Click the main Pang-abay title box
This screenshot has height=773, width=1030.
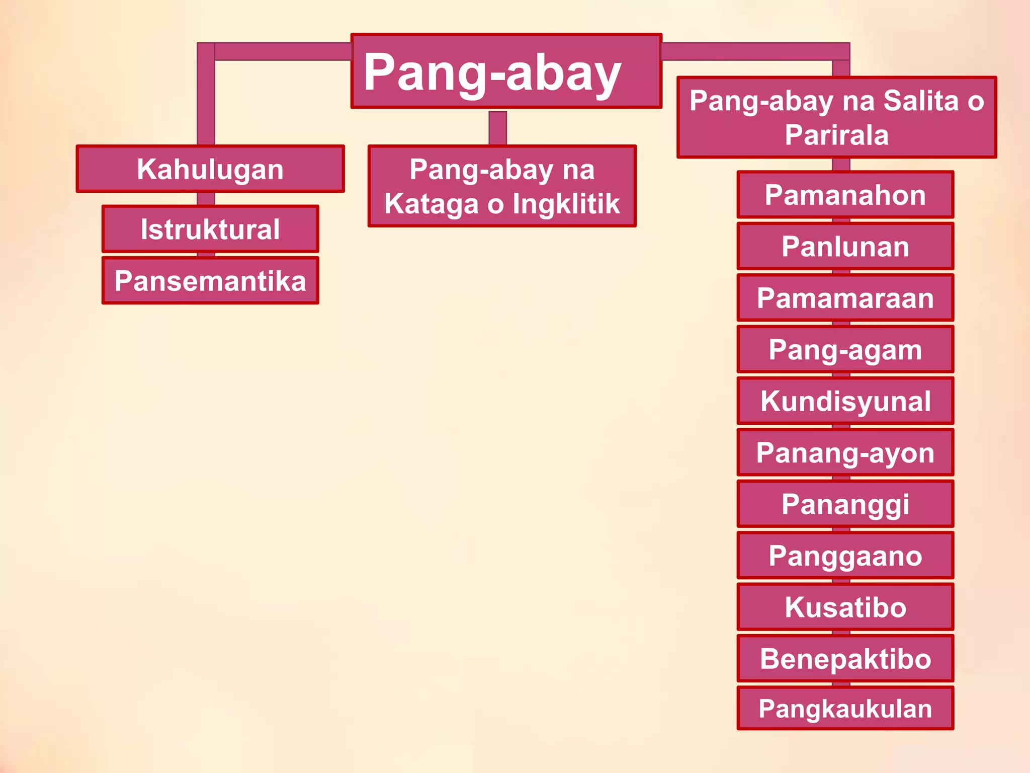pos(506,71)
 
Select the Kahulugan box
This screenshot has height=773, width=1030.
pos(210,169)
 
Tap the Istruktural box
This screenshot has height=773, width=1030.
pos(210,229)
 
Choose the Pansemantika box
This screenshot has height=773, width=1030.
pos(210,281)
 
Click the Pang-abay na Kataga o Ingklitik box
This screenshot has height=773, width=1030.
pos(502,186)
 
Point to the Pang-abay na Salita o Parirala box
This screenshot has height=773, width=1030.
pos(836,117)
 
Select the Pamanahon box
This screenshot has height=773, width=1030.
pos(845,195)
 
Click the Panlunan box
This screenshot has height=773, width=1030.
pos(845,247)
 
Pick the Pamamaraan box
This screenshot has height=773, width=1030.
pos(845,298)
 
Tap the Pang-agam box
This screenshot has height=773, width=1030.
pos(845,349)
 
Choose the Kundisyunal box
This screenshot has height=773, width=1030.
pos(845,401)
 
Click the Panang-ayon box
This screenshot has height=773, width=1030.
pos(845,452)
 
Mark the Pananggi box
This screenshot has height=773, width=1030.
pos(845,504)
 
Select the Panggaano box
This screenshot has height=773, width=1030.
pos(845,556)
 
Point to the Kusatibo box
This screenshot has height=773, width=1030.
pos(845,607)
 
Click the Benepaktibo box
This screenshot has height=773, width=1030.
pos(845,659)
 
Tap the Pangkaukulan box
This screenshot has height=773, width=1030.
pos(845,709)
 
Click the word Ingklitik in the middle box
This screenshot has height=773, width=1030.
pos(566,204)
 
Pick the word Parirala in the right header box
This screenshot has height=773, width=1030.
pos(836,135)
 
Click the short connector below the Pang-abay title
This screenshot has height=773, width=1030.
pos(497,127)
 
